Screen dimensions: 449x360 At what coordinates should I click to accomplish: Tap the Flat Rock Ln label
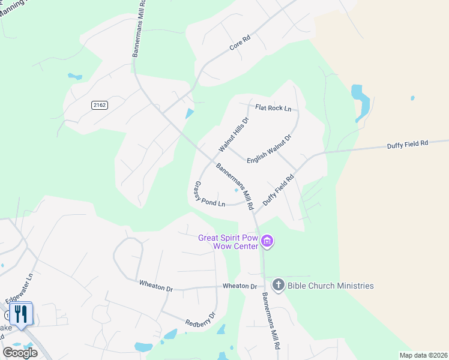pyautogui.click(x=273, y=109)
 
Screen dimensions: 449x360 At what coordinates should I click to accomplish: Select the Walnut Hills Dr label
pyautogui.click(x=234, y=134)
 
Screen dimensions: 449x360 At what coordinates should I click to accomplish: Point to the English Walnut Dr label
pyautogui.click(x=268, y=146)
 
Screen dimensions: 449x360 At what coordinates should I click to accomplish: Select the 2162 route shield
pyautogui.click(x=100, y=105)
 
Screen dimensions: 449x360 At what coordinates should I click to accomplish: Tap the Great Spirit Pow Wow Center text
pyautogui.click(x=228, y=242)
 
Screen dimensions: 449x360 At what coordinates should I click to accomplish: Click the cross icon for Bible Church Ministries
pyautogui.click(x=278, y=285)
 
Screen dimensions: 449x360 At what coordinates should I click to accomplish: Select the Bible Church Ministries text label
pyautogui.click(x=330, y=286)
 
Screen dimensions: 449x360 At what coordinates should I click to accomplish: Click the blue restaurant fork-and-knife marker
pyautogui.click(x=21, y=313)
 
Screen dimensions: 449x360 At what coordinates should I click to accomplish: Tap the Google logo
pyautogui.click(x=20, y=352)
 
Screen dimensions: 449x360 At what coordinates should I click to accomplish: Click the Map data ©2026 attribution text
pyautogui.click(x=423, y=355)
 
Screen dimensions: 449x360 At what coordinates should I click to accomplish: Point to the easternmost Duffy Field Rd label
pyautogui.click(x=407, y=143)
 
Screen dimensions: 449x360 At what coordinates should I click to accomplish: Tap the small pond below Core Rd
pyautogui.click(x=190, y=113)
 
